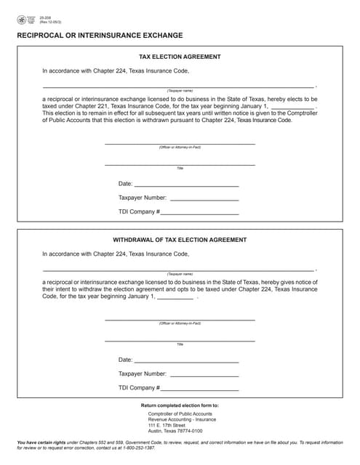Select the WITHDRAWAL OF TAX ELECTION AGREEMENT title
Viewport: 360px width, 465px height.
coord(180,240)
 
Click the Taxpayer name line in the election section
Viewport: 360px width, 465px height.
coord(179,86)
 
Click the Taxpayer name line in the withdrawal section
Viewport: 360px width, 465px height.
coord(179,269)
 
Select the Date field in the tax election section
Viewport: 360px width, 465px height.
coord(186,185)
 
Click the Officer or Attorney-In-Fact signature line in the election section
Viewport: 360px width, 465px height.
coord(180,143)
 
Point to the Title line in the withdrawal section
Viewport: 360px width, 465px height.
coord(180,340)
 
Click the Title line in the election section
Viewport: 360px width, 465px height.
coord(180,164)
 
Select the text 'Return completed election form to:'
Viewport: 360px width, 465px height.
coord(180,405)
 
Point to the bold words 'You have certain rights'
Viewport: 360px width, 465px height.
coord(41,442)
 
